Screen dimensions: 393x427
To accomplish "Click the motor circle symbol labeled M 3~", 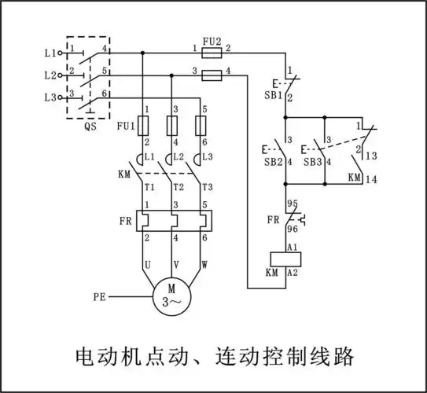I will pyautogui.click(x=171, y=298).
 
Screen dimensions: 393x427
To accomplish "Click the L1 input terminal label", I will pyautogui.click(x=50, y=53).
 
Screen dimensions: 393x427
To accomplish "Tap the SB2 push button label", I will pyautogui.click(x=273, y=161).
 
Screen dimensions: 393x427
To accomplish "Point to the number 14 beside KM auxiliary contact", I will pyautogui.click(x=372, y=179).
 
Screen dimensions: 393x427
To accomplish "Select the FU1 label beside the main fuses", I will pyautogui.click(x=127, y=124).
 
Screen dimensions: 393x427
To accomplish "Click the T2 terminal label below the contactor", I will pyautogui.click(x=178, y=187).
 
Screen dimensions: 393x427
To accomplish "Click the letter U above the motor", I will pyautogui.click(x=147, y=265).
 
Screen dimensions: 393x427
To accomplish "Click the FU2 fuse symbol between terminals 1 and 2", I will pyautogui.click(x=211, y=51).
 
